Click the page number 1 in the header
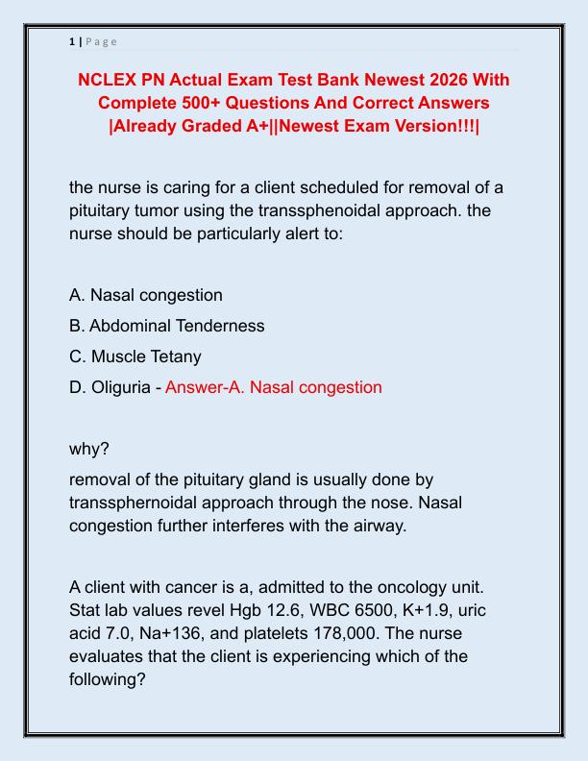point(72,41)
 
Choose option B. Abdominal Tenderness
point(167,326)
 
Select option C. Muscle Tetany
point(135,356)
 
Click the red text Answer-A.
point(205,387)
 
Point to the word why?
point(88,449)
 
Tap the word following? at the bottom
point(108,679)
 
